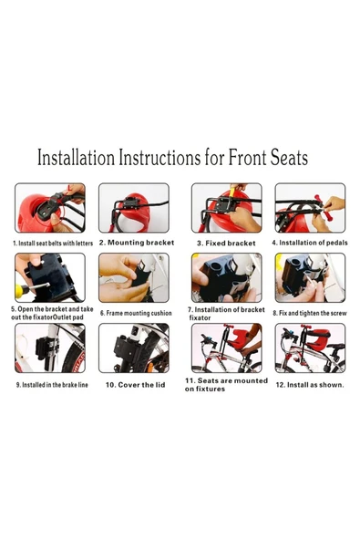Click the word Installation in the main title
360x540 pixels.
[76, 158]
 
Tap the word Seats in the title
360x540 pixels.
[289, 158]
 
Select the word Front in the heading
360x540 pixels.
[248, 158]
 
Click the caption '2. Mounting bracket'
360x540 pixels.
[137, 243]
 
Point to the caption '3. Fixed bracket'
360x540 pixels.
[226, 244]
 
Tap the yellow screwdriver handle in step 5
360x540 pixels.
[21, 291]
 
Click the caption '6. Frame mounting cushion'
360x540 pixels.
[136, 313]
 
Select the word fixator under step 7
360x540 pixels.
[200, 317]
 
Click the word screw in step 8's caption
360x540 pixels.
[338, 313]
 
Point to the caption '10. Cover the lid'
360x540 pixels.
[135, 385]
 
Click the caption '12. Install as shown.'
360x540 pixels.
[310, 385]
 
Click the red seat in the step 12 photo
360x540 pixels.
[318, 338]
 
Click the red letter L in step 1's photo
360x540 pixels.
[70, 189]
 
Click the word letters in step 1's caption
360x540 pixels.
[84, 244]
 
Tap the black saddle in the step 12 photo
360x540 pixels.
[336, 346]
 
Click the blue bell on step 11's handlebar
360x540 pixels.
[206, 337]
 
